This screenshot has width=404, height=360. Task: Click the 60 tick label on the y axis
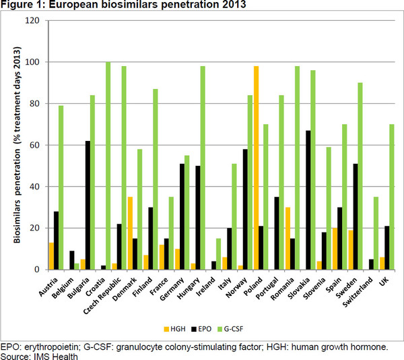tap(36, 145)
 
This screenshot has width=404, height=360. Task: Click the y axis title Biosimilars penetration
tap(18, 145)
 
